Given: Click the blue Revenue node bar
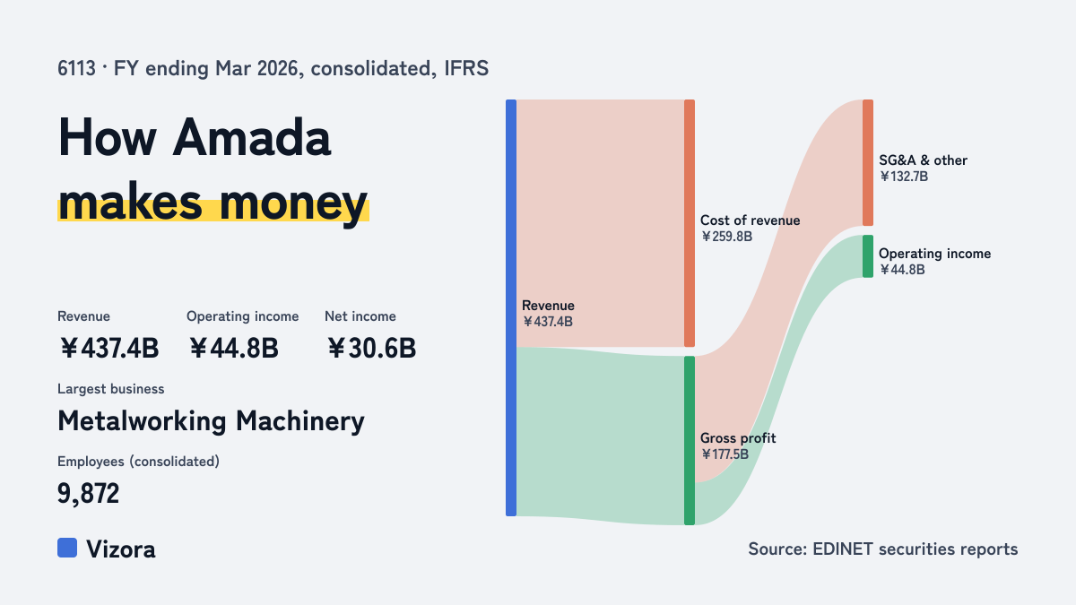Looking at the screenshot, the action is [x=511, y=307].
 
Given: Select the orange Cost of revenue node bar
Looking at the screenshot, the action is [x=690, y=223].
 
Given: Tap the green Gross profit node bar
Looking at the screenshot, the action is [x=690, y=440].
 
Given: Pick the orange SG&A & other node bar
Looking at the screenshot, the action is [x=868, y=163].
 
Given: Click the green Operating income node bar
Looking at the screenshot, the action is [x=868, y=256].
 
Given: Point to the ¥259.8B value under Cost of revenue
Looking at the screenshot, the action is [x=726, y=237].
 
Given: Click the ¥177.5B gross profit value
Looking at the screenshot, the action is [x=725, y=454].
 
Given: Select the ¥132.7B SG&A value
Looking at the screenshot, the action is [x=904, y=177].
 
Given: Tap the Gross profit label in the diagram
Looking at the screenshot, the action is [x=738, y=438].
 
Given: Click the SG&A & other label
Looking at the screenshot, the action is [x=923, y=160].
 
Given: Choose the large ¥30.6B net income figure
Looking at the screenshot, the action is [x=371, y=348].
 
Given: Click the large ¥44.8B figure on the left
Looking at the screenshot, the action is [x=233, y=348].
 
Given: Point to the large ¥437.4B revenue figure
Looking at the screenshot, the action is [x=108, y=348].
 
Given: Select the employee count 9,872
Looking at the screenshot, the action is [x=89, y=494].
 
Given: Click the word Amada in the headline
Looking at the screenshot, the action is [x=252, y=137].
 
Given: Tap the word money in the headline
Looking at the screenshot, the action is [x=293, y=203].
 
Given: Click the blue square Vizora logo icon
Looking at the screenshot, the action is [x=67, y=548].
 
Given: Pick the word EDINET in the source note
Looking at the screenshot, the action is [x=843, y=549].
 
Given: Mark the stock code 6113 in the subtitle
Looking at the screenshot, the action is [x=77, y=69].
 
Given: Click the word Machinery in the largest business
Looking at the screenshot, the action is [x=300, y=422].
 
